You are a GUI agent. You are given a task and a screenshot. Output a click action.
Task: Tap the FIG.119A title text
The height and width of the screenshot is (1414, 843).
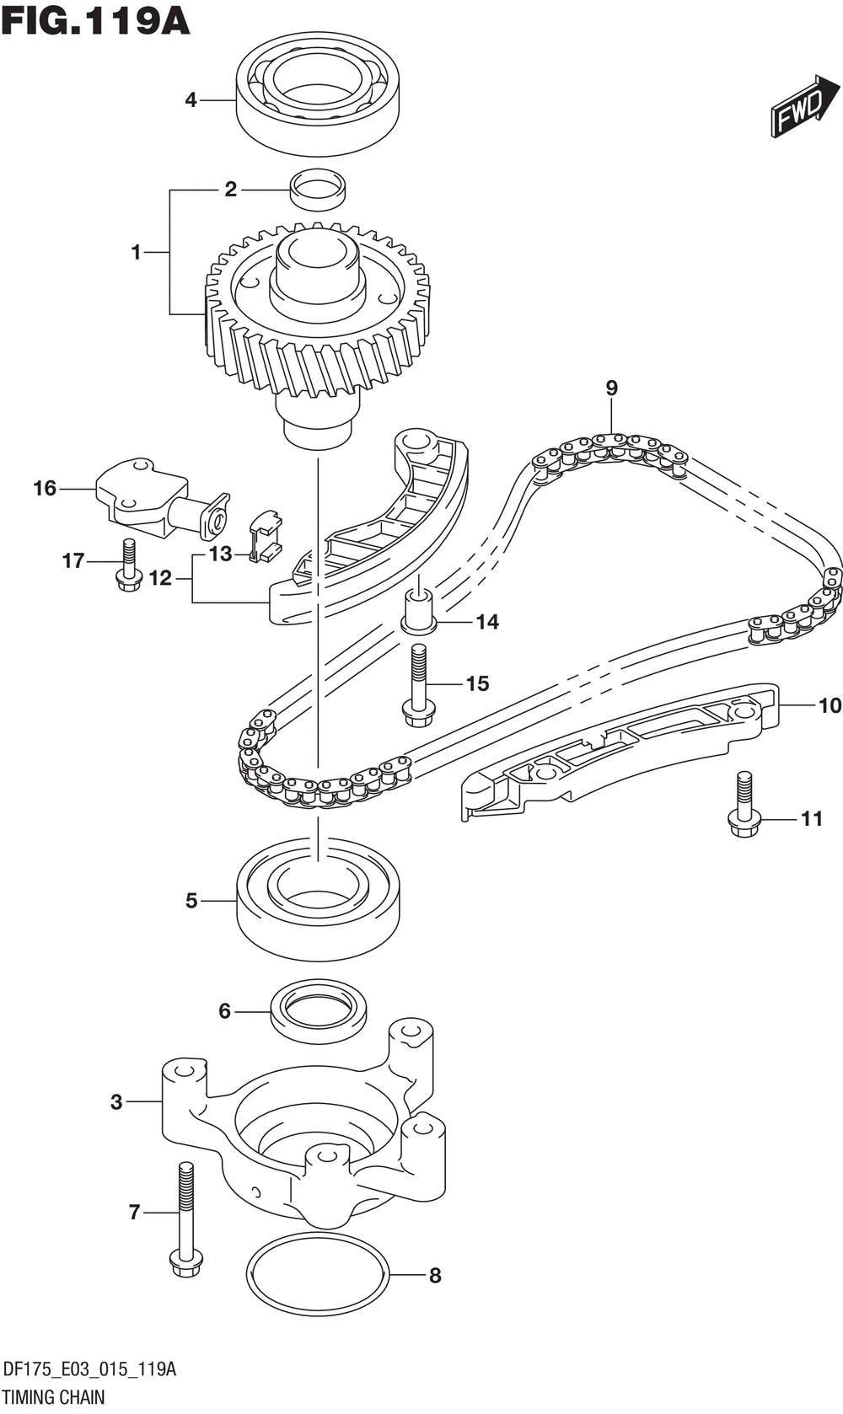click(x=95, y=20)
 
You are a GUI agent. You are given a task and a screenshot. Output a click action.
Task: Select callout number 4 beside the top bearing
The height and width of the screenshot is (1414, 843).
click(x=191, y=100)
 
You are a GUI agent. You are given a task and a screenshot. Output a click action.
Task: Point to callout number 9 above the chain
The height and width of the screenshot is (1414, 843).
click(x=611, y=388)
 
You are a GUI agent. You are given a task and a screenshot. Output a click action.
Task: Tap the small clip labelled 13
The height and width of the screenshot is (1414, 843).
click(x=265, y=537)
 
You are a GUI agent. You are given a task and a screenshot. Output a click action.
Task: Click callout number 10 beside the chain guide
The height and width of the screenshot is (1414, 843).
click(x=830, y=704)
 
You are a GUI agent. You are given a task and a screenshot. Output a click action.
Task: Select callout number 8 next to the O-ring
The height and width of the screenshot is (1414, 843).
click(x=435, y=1276)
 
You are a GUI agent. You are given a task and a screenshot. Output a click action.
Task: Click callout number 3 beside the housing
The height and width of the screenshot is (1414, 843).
click(x=116, y=1101)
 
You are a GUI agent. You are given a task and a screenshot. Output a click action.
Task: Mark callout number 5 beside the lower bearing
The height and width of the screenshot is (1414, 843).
click(x=191, y=901)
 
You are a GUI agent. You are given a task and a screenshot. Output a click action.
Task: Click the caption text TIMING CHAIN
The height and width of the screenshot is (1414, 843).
click(x=54, y=1397)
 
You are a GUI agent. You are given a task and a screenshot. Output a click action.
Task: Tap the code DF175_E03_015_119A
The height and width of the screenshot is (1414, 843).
click(x=89, y=1369)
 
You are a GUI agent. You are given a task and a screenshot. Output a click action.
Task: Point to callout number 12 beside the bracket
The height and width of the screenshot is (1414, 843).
click(x=160, y=578)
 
